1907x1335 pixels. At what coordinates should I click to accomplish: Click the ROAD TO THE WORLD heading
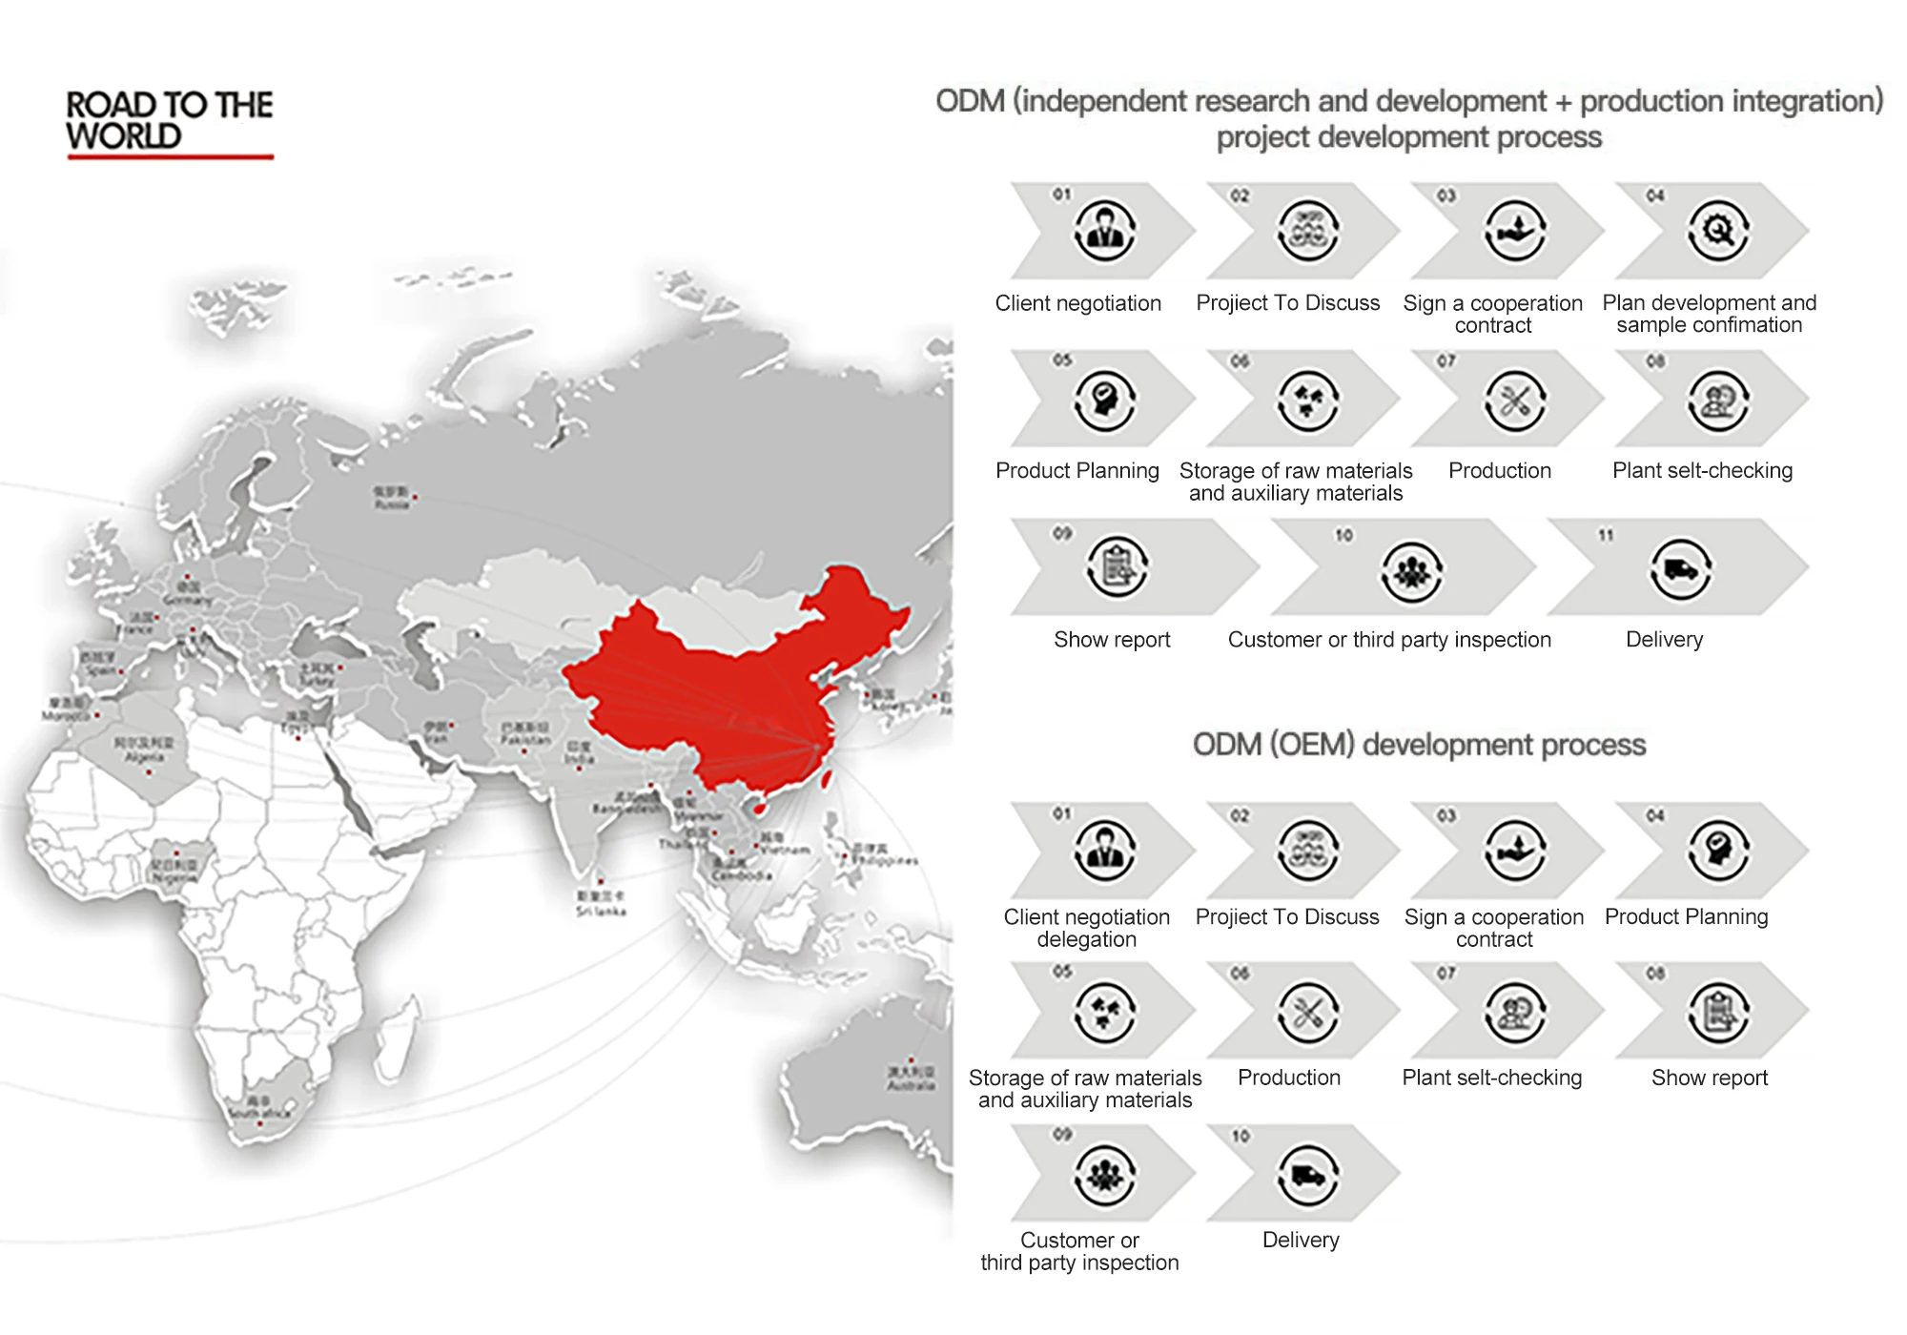[170, 120]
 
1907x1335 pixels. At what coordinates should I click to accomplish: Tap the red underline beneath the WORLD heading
[171, 156]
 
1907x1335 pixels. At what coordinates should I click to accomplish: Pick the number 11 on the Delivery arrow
[1606, 535]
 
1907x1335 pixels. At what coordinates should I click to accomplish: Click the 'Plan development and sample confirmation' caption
[1709, 314]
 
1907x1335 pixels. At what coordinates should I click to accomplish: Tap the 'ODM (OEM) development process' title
[1419, 745]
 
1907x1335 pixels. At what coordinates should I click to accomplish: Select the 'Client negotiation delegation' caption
[1086, 928]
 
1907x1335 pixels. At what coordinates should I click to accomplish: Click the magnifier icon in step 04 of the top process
[1718, 231]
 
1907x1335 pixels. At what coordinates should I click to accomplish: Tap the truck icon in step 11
[1680, 570]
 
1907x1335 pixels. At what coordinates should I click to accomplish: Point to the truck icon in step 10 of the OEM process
[1308, 1176]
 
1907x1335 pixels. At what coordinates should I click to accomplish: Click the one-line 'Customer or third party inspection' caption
[1389, 640]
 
